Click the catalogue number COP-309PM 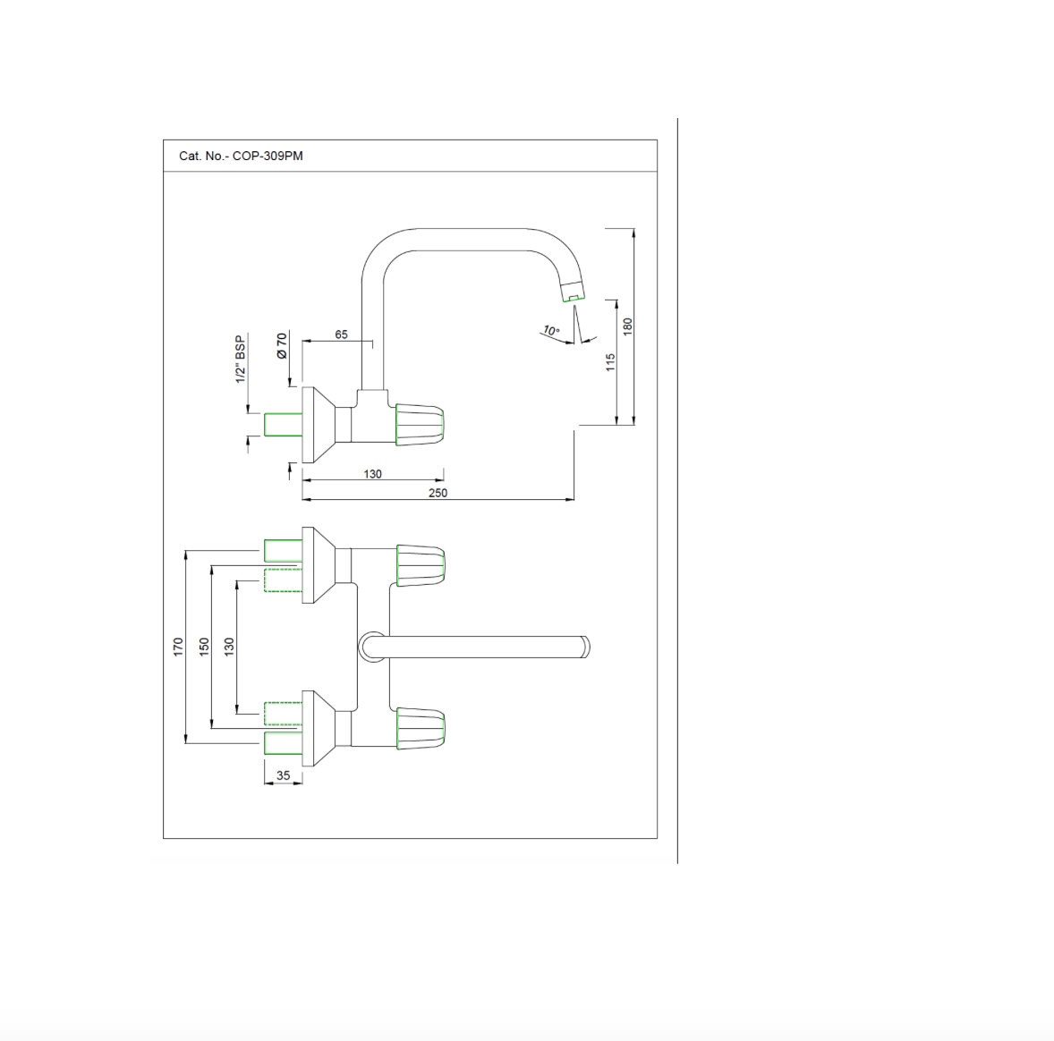tap(268, 156)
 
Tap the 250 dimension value tap(438, 493)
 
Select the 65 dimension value tap(342, 334)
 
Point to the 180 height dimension tap(628, 326)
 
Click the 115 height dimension tap(610, 362)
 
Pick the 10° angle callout tap(551, 331)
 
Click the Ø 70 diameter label tap(283, 345)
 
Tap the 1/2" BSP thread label tap(240, 360)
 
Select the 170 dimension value tap(178, 647)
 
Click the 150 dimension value tap(204, 647)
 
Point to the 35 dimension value tap(284, 775)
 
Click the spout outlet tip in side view tap(574, 297)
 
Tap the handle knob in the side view tap(420, 425)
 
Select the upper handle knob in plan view tap(421, 565)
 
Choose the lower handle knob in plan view tap(421, 728)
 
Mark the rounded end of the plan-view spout tap(585, 647)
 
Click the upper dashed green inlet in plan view tap(283, 580)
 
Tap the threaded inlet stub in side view tap(283, 425)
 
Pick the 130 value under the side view tap(372, 474)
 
